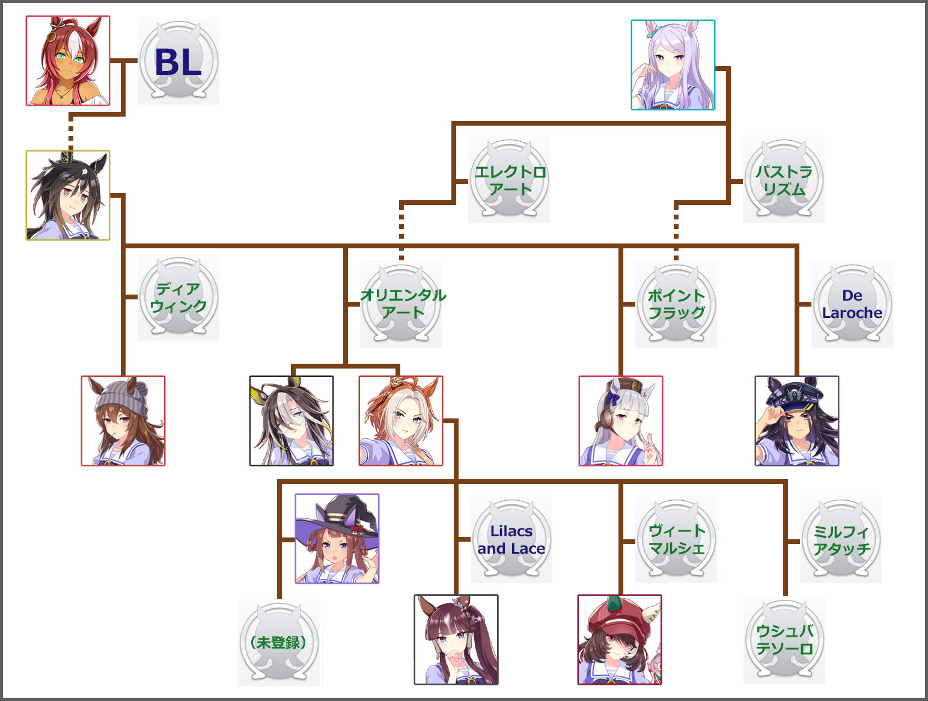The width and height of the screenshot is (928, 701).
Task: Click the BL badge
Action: (179, 61)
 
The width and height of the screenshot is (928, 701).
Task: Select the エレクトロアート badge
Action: (510, 180)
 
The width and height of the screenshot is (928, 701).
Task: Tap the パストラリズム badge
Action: (784, 180)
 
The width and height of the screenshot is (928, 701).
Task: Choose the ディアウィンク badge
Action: (179, 298)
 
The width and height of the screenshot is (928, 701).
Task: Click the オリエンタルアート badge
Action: (401, 304)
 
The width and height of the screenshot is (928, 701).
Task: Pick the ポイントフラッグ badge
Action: (676, 304)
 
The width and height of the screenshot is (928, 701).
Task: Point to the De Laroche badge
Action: (852, 304)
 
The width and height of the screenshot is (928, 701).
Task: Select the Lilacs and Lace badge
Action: (511, 540)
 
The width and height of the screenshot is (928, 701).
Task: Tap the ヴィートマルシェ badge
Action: (676, 540)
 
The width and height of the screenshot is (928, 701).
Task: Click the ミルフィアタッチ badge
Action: (841, 540)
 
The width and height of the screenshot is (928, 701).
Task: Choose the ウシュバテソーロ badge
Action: (784, 640)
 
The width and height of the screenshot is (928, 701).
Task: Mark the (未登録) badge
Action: (279, 643)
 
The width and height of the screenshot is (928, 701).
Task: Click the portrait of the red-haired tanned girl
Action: (68, 61)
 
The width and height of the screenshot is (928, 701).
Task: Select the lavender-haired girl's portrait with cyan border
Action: (673, 65)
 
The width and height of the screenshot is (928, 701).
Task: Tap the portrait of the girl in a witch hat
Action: (337, 539)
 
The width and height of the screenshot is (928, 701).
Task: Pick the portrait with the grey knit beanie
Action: (123, 421)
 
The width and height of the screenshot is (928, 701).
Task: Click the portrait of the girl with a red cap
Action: (620, 640)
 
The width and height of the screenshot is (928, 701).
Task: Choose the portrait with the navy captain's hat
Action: (797, 421)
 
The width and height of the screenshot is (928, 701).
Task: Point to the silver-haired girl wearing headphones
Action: (621, 421)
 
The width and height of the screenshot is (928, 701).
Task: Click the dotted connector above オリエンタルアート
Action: (401, 231)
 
